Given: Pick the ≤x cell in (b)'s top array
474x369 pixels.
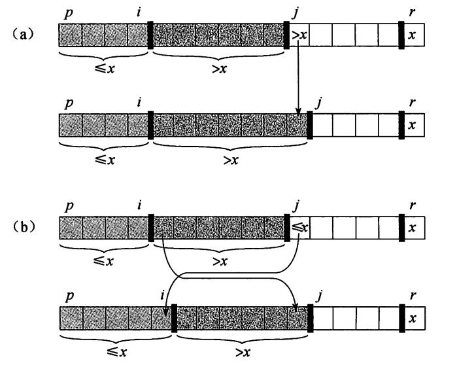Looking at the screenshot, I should (x=299, y=228).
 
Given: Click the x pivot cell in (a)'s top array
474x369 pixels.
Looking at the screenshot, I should (x=412, y=35).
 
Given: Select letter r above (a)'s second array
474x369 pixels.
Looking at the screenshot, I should (x=412, y=103).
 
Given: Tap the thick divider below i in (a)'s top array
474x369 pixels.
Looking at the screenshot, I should (x=151, y=35).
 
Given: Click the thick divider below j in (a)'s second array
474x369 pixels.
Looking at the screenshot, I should (x=310, y=124).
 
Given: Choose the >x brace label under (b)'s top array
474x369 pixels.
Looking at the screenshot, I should (x=220, y=263).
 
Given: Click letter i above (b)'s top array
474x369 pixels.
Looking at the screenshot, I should (x=141, y=207).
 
